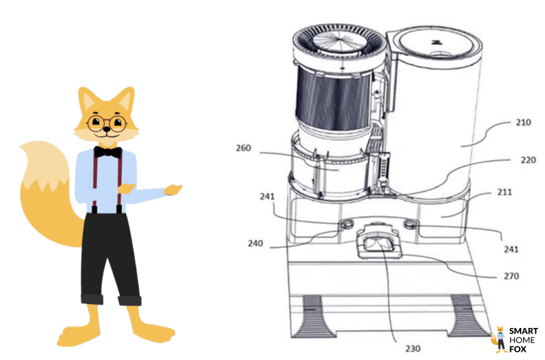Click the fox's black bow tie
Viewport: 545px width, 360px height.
(108, 152)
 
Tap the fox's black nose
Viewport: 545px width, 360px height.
(106, 130)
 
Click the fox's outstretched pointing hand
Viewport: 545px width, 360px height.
(173, 190)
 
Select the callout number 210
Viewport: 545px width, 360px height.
(523, 123)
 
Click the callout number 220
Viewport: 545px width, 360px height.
(528, 160)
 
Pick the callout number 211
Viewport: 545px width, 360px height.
(504, 192)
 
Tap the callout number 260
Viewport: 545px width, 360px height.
(243, 148)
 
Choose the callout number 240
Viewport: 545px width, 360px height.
(255, 243)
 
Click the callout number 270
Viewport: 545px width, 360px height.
(512, 276)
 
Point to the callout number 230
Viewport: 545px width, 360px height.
(413, 348)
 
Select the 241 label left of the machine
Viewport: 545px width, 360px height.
(267, 196)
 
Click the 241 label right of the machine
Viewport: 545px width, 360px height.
(511, 250)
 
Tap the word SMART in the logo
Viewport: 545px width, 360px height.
(523, 331)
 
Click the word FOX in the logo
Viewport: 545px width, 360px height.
(518, 349)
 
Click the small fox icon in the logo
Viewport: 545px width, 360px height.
(499, 340)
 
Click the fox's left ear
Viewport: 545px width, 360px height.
(88, 100)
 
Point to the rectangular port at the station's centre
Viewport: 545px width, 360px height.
(379, 243)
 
